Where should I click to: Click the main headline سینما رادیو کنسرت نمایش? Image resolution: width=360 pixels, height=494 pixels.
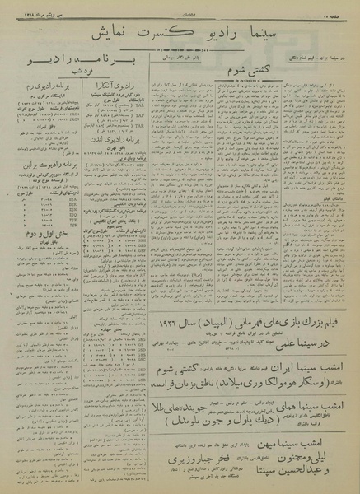[x=180, y=31]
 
